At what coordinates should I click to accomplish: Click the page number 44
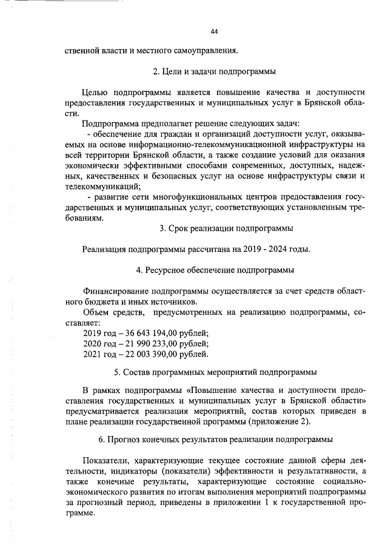(x=214, y=32)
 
